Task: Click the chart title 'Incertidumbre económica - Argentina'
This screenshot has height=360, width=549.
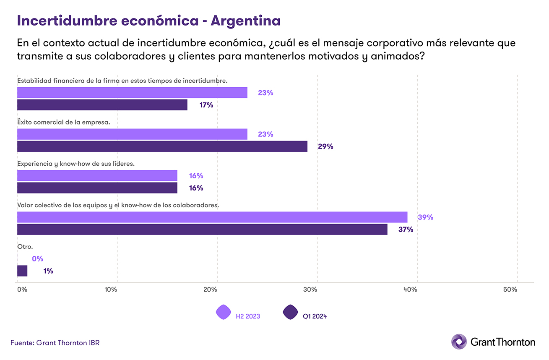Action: pos(148,21)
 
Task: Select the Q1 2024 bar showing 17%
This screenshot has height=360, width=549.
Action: pos(102,105)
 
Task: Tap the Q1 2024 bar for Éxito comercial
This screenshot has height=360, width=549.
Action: pos(162,146)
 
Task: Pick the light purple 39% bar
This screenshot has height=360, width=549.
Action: pos(212,217)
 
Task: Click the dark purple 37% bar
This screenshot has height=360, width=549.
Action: pos(202,229)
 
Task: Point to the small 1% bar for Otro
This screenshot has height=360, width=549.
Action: pos(22,271)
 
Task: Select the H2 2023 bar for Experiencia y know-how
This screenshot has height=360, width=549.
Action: pos(97,175)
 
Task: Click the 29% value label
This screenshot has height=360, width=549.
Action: pos(325,146)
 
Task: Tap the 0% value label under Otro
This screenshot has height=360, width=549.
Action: pos(37,259)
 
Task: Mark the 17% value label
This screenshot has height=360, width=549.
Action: pos(206,105)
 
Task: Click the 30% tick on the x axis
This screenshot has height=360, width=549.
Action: pos(311,290)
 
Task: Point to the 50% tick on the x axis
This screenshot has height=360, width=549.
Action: pos(510,290)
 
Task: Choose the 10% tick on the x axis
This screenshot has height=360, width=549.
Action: pos(111,290)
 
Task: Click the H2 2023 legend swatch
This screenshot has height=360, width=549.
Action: pos(223,312)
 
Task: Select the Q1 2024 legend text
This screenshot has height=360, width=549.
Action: pos(315,316)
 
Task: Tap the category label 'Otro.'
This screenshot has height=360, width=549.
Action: pos(25,247)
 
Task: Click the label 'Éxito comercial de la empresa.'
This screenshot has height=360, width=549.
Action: pos(63,122)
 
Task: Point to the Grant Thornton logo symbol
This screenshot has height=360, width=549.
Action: pos(458,342)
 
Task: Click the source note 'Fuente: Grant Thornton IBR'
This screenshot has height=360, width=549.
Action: pos(55,342)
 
